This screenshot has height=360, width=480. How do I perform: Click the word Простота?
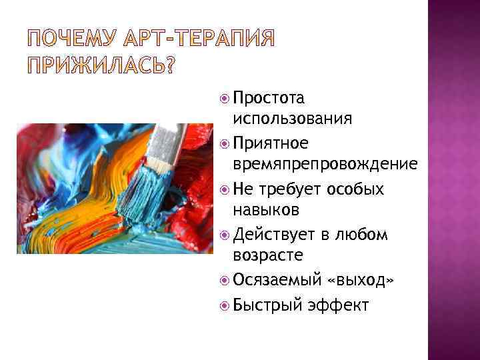[x=269, y=99]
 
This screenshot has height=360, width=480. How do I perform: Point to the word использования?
[x=293, y=120]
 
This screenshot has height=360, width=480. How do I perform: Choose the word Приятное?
[x=271, y=143]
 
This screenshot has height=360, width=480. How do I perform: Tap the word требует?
[x=293, y=189]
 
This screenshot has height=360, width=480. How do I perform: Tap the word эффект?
[x=338, y=305]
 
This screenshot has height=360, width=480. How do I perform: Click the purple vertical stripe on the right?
[x=453, y=180]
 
